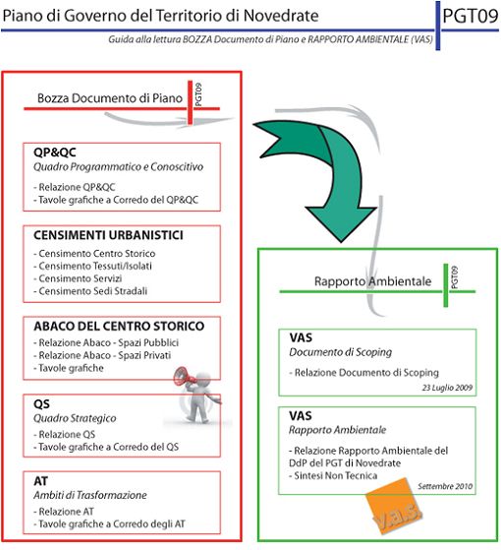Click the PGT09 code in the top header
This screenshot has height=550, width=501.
471,16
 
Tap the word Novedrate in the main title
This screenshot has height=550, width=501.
281,16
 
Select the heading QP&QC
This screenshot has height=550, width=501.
55,153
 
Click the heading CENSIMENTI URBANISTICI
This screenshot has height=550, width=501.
108,235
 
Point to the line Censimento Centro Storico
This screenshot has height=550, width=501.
94,253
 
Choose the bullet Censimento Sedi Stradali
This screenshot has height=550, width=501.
90,291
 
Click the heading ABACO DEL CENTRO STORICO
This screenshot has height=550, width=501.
119,326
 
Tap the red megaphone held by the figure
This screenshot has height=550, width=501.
183,377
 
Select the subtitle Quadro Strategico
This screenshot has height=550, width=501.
75,418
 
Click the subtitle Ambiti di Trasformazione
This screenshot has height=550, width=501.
90,495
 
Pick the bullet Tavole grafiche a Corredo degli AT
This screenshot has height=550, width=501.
109,524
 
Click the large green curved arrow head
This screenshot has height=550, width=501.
341,222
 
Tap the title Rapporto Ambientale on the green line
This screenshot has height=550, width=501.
372,281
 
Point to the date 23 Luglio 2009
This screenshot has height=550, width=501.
447,388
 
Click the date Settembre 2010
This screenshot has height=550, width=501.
445,486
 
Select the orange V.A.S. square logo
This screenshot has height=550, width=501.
394,507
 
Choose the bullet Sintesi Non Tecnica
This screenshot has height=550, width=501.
333,475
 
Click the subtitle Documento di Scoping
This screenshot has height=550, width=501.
340,352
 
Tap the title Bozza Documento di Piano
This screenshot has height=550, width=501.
110,98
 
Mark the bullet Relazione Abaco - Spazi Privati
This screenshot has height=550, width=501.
102,355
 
